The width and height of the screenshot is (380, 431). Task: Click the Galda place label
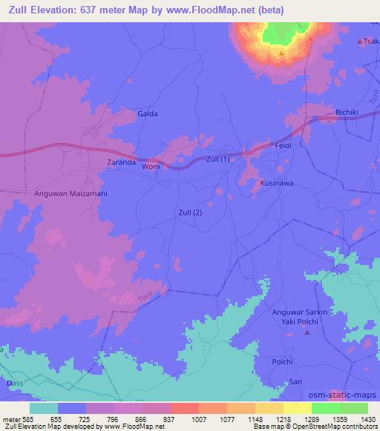148,114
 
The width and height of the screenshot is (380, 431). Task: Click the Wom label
151,167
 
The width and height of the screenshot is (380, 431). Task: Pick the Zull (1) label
222,159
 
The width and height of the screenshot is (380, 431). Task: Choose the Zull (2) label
190,213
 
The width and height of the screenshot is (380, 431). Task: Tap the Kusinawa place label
278,182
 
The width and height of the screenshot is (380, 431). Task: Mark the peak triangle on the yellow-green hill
282,53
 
